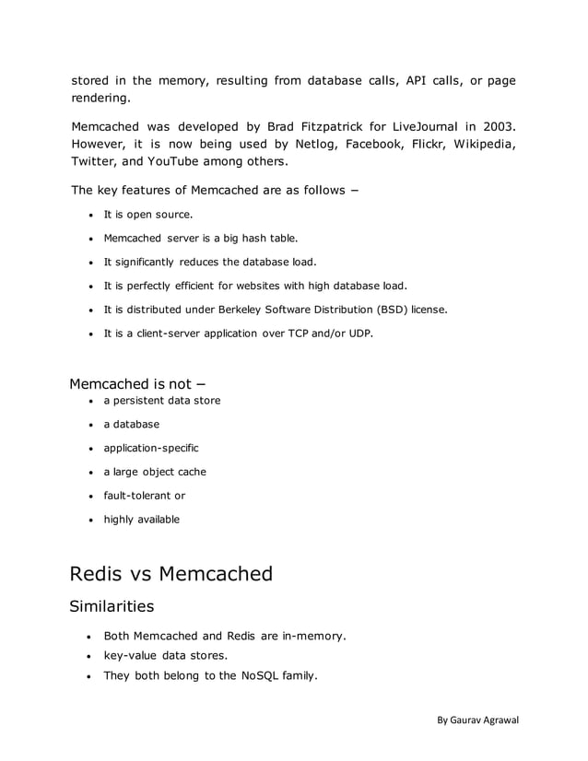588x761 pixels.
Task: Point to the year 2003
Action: (498, 124)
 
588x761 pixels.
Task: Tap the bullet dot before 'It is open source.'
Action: (90, 215)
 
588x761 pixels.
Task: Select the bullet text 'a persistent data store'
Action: (161, 401)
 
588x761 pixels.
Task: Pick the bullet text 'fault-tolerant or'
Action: (144, 496)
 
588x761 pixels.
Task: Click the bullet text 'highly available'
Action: (141, 520)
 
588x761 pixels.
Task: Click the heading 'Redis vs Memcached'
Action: (171, 574)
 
